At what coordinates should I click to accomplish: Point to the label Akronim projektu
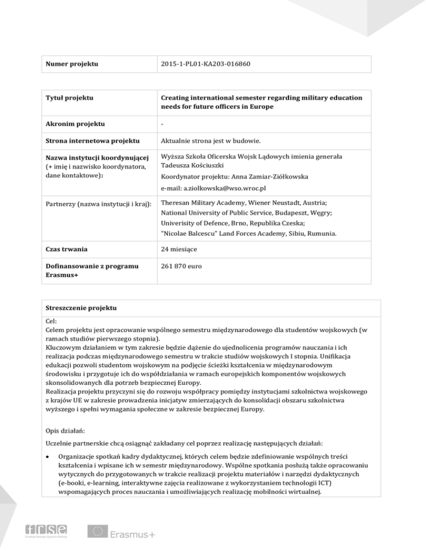pos(73,124)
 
